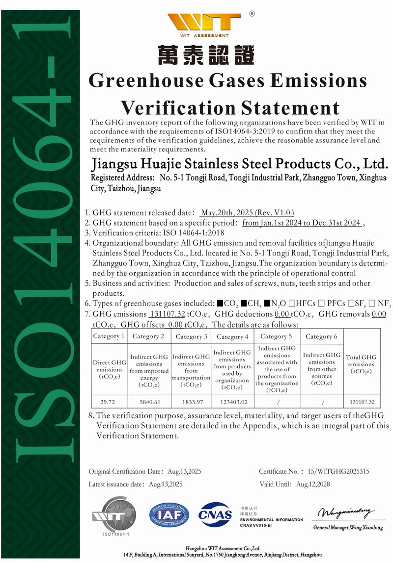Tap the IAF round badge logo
[169, 514]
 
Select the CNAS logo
[215, 514]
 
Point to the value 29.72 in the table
[108, 402]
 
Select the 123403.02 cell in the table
[231, 402]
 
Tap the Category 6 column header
[321, 336]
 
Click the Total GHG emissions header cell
[362, 364]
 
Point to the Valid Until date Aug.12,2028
[313, 484]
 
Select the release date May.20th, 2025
[247, 213]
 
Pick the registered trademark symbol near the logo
[252, 14]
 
